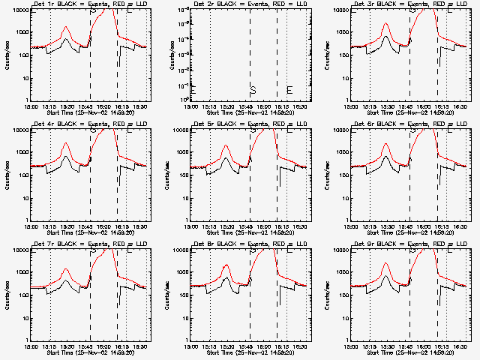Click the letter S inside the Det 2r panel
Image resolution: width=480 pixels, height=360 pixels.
(x=253, y=91)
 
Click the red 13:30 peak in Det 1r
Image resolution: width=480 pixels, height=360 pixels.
(x=66, y=27)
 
